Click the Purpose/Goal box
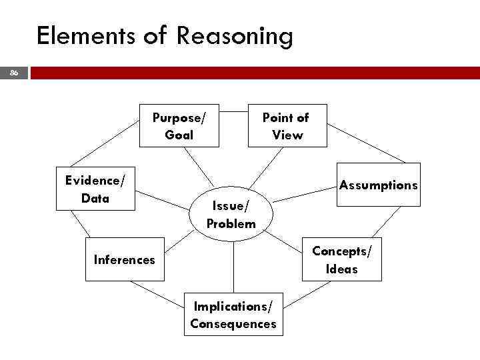(x=179, y=125)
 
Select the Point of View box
(x=287, y=125)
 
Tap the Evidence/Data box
(x=95, y=189)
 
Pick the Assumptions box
(x=378, y=185)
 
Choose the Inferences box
(x=125, y=259)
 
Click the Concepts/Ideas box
(x=342, y=259)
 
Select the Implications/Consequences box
(x=233, y=315)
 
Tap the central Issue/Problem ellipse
(x=231, y=214)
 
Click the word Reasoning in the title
(x=235, y=36)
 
